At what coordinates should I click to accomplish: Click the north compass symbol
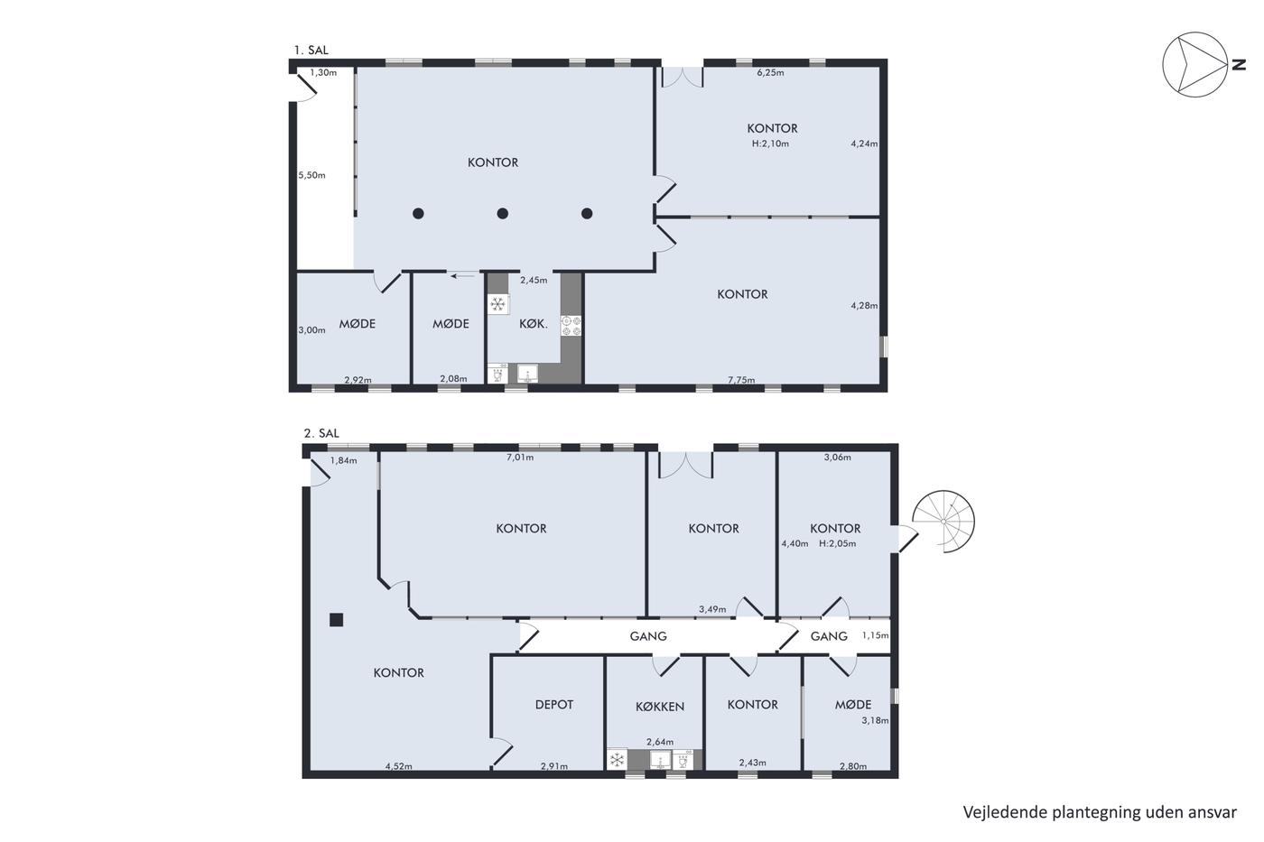(1195, 64)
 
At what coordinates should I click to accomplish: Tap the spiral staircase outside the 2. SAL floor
(943, 522)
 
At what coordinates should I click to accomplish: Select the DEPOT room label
(554, 705)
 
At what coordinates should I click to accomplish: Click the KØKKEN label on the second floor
(660, 707)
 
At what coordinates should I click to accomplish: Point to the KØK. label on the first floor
(534, 324)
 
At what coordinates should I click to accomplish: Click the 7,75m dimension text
(741, 380)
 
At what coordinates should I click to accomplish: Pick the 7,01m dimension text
(520, 458)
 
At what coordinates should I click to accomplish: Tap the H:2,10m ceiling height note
(770, 143)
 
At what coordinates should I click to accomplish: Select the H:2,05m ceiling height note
(838, 543)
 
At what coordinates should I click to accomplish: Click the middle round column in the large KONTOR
(502, 213)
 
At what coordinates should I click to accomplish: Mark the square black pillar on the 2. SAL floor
(336, 620)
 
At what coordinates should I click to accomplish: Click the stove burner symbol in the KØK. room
(571, 326)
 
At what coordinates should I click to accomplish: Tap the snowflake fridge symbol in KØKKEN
(618, 760)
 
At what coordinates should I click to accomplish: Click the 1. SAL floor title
(311, 51)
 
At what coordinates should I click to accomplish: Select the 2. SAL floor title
(321, 433)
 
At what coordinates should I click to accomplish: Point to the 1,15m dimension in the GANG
(875, 635)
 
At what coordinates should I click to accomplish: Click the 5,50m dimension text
(312, 175)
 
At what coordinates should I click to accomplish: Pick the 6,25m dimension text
(770, 73)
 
